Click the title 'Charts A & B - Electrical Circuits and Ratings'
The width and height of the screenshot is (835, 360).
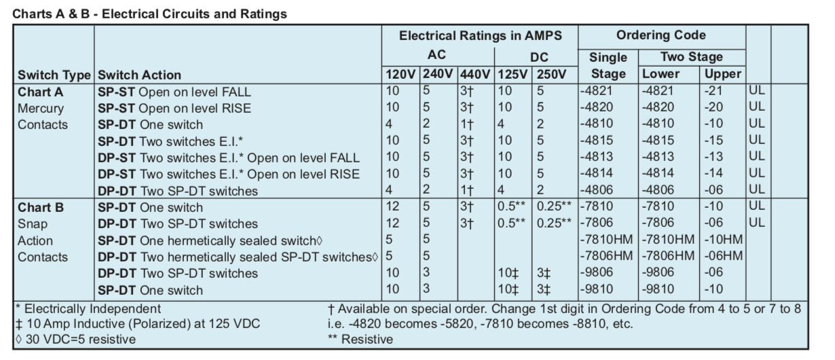(x=150, y=13)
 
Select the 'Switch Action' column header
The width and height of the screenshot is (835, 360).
(x=140, y=75)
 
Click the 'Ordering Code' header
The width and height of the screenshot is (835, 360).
(x=661, y=35)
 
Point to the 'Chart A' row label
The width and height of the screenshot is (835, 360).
(x=40, y=92)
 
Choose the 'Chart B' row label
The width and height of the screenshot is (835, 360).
(x=40, y=207)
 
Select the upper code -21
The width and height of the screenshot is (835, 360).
(x=717, y=92)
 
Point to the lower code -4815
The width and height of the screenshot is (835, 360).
(x=657, y=141)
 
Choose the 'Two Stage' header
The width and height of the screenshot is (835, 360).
(x=691, y=57)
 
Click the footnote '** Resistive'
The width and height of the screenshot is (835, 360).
(x=360, y=339)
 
